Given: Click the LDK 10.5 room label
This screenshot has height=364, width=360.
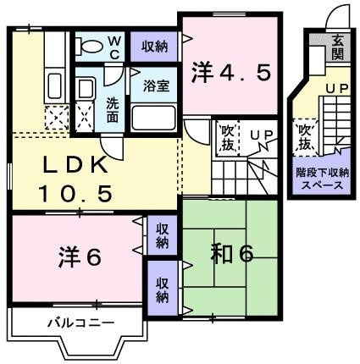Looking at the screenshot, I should coord(75,179).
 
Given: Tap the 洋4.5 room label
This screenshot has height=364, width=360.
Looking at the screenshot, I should coord(230,72).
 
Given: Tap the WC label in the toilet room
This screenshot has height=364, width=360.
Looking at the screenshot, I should coord(115,44).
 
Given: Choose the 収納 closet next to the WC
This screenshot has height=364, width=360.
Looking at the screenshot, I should coord(153,46).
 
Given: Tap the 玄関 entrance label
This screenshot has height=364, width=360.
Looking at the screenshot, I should coord(338,43).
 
